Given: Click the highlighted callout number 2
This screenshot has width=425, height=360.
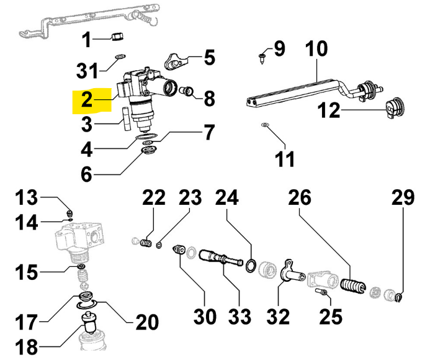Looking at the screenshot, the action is [x=86, y=99].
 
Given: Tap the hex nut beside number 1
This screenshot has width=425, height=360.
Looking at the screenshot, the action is [x=118, y=36].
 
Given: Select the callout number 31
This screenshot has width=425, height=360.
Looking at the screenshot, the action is [x=87, y=71].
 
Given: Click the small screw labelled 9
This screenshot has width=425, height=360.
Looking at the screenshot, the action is [x=262, y=58].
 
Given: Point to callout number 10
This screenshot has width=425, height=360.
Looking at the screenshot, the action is [x=316, y=48].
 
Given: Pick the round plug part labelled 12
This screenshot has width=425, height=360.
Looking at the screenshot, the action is [x=395, y=109].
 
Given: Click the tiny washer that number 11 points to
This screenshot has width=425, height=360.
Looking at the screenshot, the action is [x=265, y=125].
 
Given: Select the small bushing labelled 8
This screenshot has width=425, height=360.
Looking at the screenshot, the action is [x=187, y=91].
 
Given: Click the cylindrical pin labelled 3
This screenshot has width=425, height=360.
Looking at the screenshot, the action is [x=125, y=119].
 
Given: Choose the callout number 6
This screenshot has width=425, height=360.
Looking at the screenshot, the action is [x=86, y=174].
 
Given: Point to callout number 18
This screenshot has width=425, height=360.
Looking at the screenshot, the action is [x=27, y=346].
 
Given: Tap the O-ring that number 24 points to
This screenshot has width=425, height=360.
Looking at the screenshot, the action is [x=251, y=266].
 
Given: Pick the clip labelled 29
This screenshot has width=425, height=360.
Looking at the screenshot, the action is [x=399, y=297].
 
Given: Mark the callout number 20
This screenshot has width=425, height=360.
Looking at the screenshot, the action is [x=147, y=322].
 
